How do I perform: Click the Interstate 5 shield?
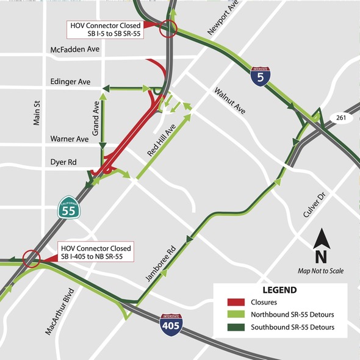coord(261,76)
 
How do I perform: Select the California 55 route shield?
coord(68,208)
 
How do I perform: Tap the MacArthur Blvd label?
coord(60,312)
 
